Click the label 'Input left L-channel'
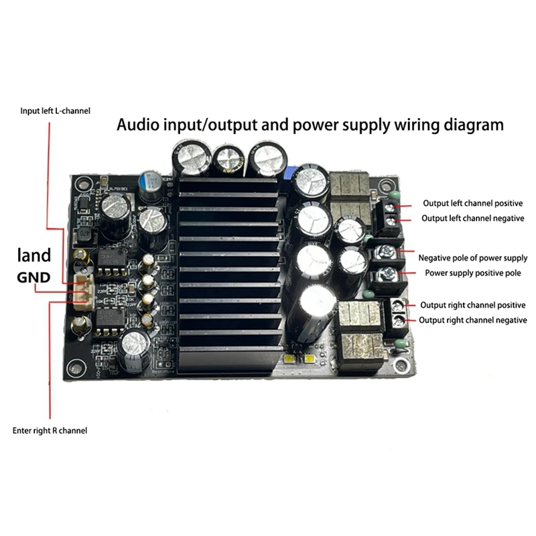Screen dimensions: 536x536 [55, 111]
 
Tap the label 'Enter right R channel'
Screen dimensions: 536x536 [50, 430]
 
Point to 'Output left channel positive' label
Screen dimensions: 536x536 [472, 203]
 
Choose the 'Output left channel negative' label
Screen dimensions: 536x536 [472, 218]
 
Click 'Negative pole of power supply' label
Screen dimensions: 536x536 [472, 258]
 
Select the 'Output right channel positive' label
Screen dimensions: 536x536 [472, 306]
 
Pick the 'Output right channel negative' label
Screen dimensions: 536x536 [472, 320]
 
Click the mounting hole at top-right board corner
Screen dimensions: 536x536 [385, 187]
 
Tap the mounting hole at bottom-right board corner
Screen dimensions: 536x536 [400, 366]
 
